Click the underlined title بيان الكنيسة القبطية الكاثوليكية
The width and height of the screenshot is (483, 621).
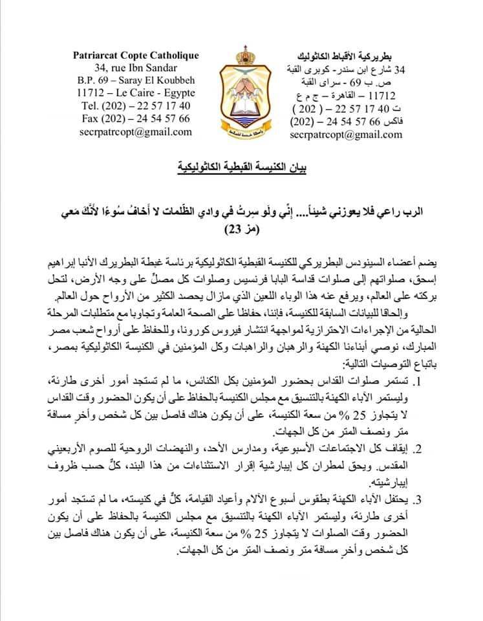(x=242, y=170)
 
